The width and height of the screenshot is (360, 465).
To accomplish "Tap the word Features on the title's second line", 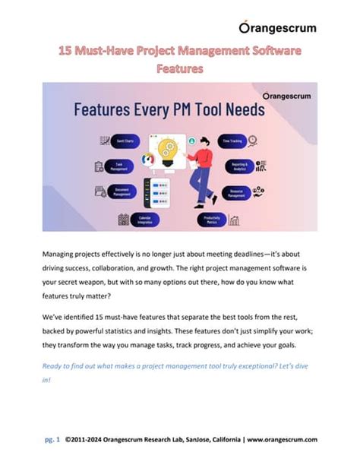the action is (179, 68).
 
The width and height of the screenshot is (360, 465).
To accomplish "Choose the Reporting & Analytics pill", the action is (238, 165).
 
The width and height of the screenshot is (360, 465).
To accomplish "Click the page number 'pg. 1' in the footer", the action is (52, 439).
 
